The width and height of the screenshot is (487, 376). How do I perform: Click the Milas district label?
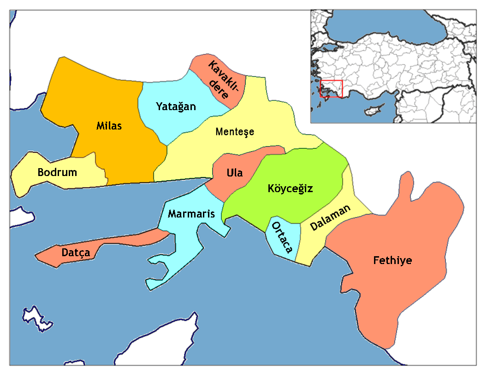[x=109, y=125]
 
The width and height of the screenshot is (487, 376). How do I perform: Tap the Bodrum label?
[x=57, y=173]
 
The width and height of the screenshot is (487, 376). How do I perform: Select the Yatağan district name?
[x=176, y=107]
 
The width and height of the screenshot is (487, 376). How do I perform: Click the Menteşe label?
[x=235, y=132]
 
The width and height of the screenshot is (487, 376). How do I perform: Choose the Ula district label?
[x=234, y=173]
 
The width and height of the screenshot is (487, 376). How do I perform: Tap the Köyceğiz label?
[x=291, y=188]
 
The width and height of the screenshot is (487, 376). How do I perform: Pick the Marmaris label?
[x=191, y=214]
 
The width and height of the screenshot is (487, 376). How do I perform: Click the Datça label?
[x=76, y=253]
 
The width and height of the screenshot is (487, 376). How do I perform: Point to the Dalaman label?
[x=330, y=217]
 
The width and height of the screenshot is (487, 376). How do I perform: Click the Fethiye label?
[x=392, y=261]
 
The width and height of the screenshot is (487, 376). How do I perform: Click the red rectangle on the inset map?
[x=332, y=89]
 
